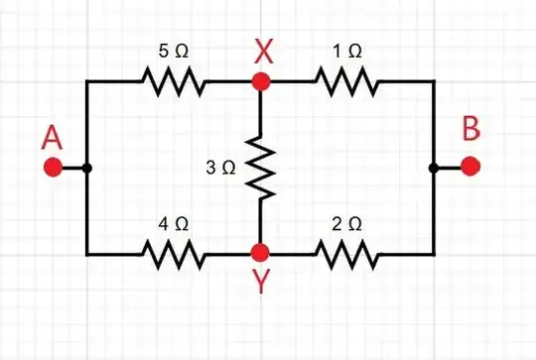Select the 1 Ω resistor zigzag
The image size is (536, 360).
[x=346, y=82]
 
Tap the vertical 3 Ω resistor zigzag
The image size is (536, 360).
[x=260, y=168]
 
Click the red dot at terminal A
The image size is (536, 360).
[x=53, y=168]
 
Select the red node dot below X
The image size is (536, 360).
[x=260, y=82]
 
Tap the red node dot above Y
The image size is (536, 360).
[x=260, y=253]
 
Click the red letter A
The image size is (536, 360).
[x=53, y=140]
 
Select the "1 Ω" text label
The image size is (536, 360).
[x=346, y=50]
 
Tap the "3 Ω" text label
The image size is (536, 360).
[x=220, y=168]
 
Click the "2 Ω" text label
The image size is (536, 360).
[x=346, y=224]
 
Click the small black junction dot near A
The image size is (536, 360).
[x=87, y=168]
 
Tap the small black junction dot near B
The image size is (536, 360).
[x=434, y=168]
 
